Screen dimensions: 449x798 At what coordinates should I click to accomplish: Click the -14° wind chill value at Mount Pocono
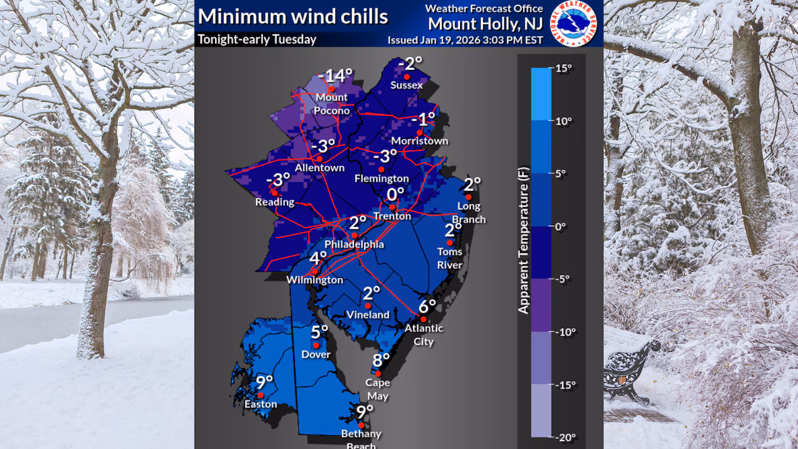click(335, 77)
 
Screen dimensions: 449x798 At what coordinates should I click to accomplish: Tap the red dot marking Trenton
click(392, 207)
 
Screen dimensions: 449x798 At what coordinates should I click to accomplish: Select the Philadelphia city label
click(353, 244)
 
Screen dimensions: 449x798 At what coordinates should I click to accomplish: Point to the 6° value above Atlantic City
click(427, 306)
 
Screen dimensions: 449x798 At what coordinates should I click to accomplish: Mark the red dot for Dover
click(316, 345)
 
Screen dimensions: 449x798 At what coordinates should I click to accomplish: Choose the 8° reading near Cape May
click(381, 360)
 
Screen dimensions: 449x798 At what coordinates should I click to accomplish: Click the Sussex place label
click(406, 85)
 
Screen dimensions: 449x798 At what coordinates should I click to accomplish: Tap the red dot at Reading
click(274, 193)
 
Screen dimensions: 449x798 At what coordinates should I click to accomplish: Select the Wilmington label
click(315, 280)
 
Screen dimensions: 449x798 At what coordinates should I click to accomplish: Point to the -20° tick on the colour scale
click(564, 437)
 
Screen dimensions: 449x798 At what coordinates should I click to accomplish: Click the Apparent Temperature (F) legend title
click(524, 240)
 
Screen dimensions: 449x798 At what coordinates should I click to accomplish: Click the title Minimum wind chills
click(292, 16)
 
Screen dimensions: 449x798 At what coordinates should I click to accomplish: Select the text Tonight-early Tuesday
click(257, 39)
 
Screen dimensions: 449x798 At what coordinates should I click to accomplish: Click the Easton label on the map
click(261, 404)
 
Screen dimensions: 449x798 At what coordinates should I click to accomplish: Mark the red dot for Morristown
click(420, 132)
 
